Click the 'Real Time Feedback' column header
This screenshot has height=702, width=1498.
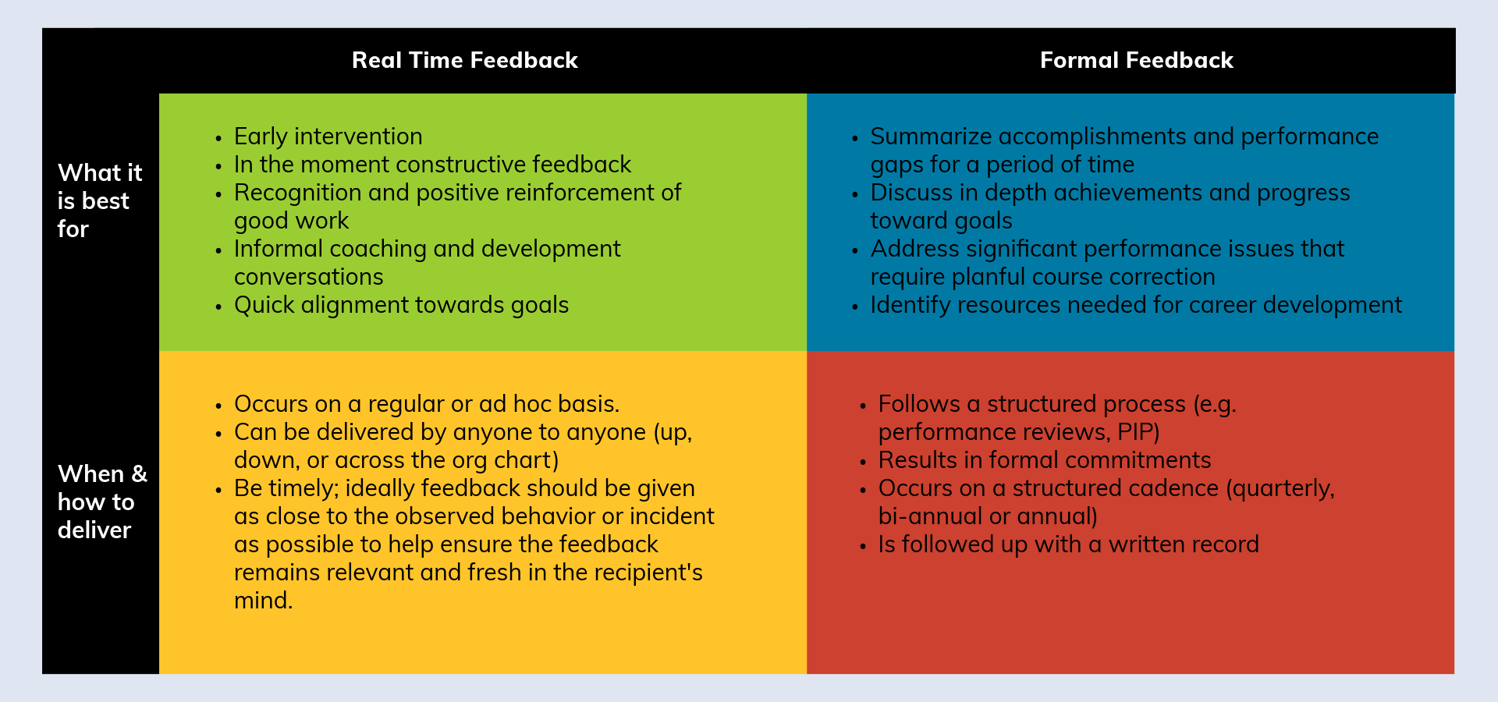coord(465,60)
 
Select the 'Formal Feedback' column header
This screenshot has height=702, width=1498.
coord(1137,60)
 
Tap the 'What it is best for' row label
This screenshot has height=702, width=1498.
coord(100,200)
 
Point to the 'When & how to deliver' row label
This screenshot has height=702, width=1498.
coord(102,502)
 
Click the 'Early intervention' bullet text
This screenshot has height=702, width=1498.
coord(328,136)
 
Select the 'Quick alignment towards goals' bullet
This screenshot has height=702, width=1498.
coord(402,305)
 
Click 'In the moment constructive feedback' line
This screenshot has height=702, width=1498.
coord(433,165)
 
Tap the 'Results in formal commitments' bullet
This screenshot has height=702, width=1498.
coord(1045,460)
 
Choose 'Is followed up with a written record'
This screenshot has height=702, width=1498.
coord(1069,544)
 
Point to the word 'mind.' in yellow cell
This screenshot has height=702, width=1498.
coord(264,601)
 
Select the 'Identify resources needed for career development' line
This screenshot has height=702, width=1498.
coord(1136,305)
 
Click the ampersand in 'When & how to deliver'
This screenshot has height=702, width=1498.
coord(139,473)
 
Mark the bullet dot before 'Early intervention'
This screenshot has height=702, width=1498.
coord(218,139)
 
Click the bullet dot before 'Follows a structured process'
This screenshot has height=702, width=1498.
coord(863,406)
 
